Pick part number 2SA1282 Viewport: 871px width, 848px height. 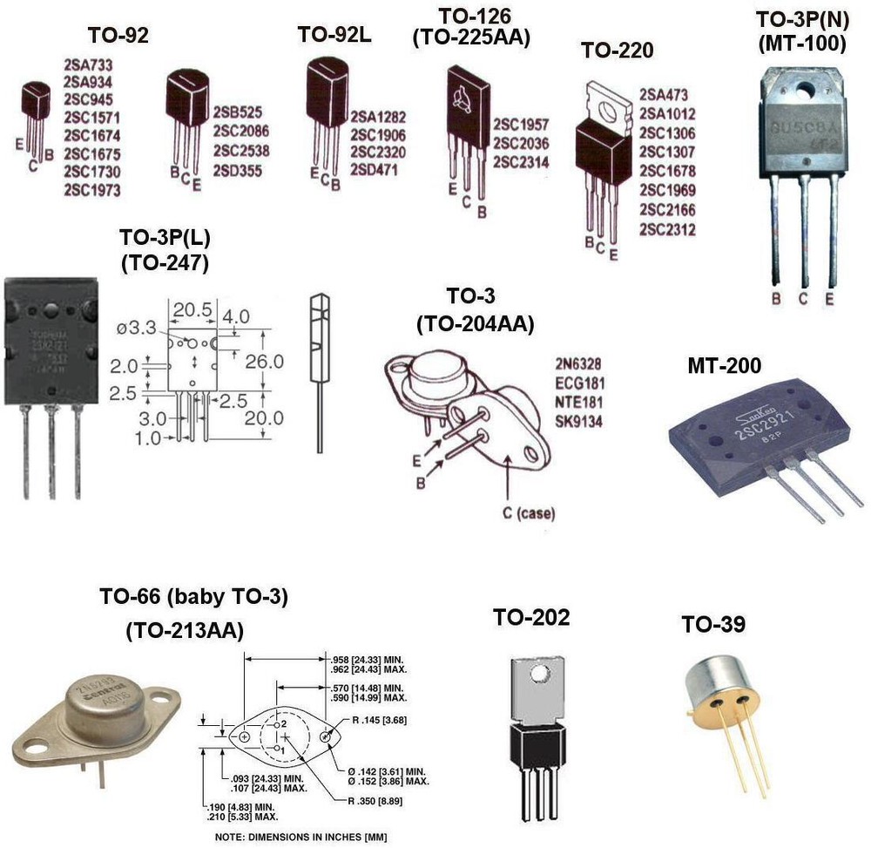tap(378, 116)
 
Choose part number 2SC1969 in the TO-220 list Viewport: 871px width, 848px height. tap(667, 191)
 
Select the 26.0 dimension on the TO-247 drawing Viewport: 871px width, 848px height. tap(263, 360)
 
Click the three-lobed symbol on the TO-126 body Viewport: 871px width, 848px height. tap(461, 101)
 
